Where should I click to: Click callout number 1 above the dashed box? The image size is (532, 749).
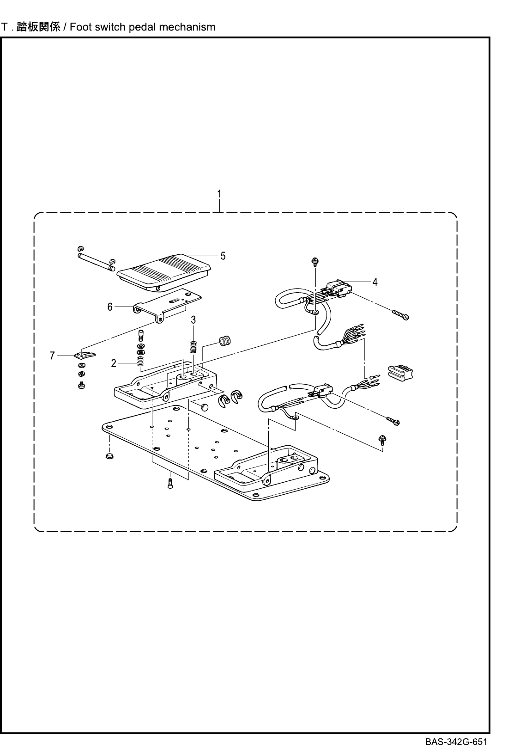pos(220,194)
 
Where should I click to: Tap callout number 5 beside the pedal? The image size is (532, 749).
pos(223,256)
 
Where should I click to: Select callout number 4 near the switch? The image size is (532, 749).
pos(375,282)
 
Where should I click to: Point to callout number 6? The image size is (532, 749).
pos(110,307)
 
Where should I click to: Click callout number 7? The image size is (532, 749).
pos(53,356)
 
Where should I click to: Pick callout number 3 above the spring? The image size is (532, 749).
pos(193,319)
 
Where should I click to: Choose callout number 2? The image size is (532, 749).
pos(114,363)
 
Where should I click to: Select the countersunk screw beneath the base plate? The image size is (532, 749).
pos(169,484)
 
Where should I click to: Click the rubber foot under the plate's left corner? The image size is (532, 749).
pos(110,457)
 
